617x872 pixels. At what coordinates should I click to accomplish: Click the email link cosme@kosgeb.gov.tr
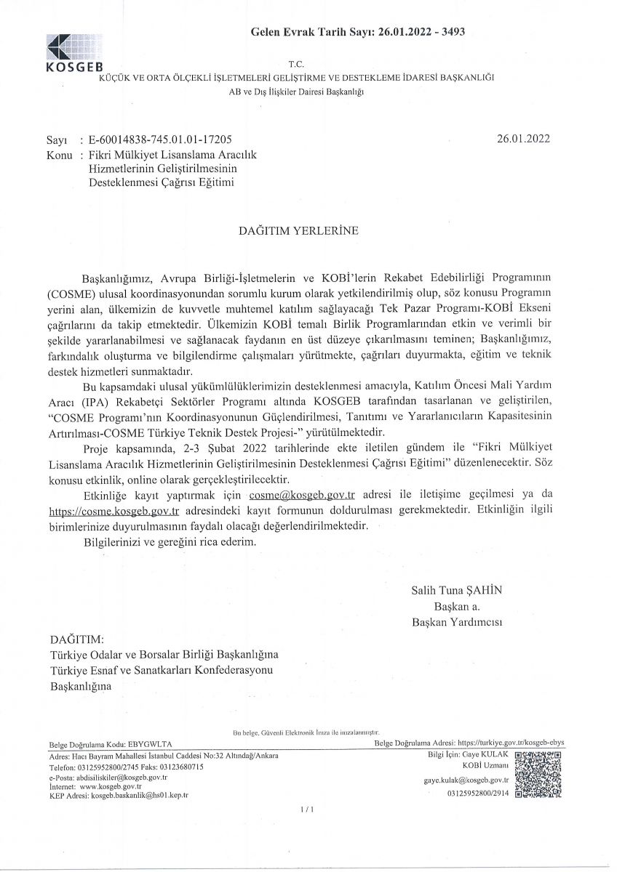(x=301, y=495)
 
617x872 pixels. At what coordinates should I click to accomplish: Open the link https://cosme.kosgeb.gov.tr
(x=115, y=510)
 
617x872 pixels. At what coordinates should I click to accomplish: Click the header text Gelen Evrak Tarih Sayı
(x=313, y=32)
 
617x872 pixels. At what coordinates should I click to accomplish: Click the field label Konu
(x=58, y=154)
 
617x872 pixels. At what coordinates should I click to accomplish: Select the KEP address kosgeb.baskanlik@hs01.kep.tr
(x=139, y=796)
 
